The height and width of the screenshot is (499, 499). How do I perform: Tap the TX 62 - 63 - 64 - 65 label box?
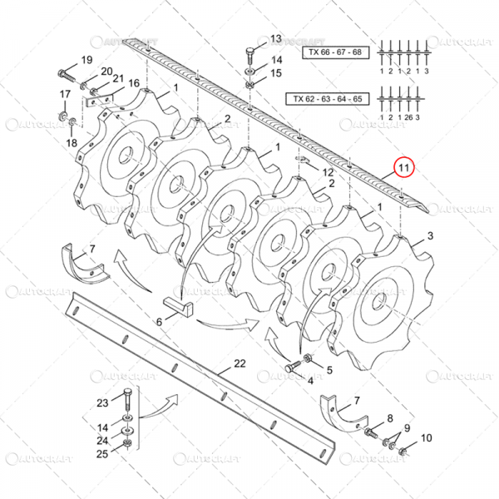(x=327, y=98)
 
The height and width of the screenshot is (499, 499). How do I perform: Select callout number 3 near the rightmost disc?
(x=429, y=237)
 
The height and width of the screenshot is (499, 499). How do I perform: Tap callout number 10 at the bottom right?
(x=427, y=437)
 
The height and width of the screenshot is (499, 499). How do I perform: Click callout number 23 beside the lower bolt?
(x=102, y=403)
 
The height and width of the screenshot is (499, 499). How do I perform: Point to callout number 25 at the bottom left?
(x=102, y=453)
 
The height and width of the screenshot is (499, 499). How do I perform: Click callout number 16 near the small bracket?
(x=134, y=83)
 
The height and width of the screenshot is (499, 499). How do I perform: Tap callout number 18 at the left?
(x=71, y=143)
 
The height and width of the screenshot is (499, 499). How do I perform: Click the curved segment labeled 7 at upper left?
(x=83, y=267)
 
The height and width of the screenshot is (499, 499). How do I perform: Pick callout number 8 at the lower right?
(x=388, y=417)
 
